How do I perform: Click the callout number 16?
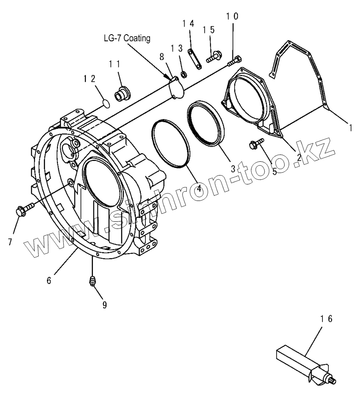tap(326, 319)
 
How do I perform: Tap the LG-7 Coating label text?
tap(127, 38)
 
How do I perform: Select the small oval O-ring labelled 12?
tap(106, 103)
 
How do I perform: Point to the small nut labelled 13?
tap(182, 75)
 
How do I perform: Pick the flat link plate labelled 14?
tap(194, 59)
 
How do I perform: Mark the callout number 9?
tap(104, 305)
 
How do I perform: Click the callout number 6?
tap(49, 281)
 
